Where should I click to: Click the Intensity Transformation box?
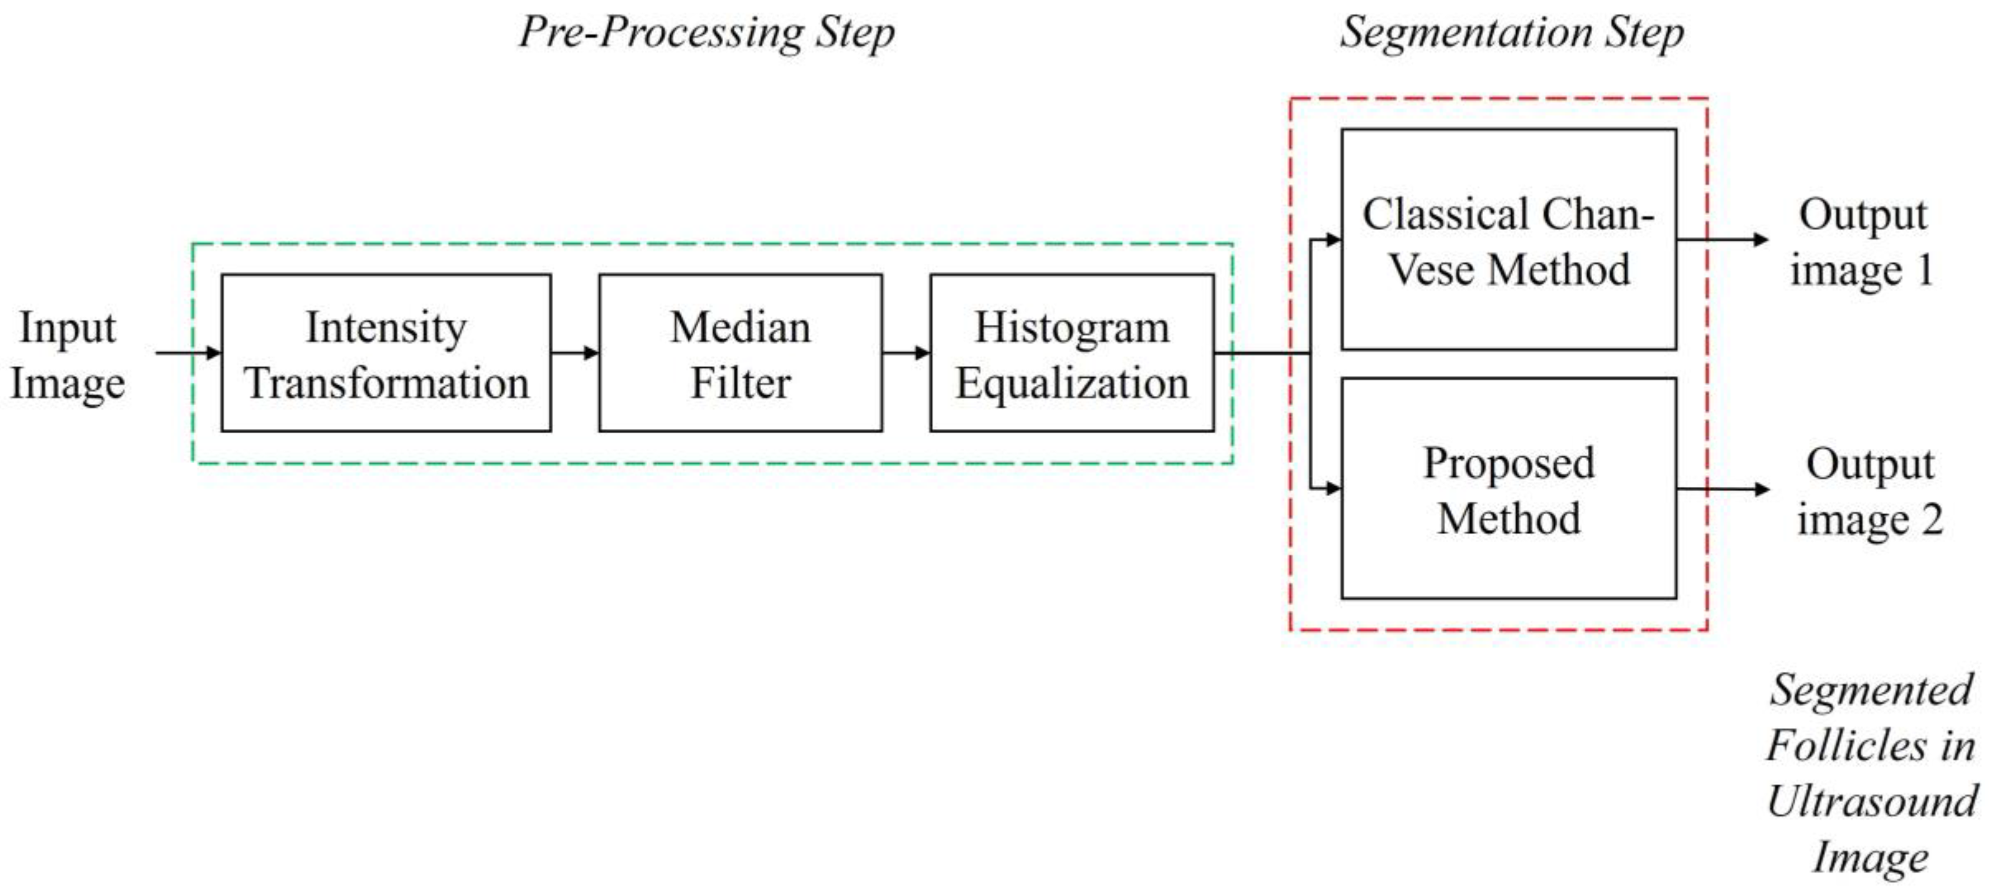[386, 353]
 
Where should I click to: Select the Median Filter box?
[740, 353]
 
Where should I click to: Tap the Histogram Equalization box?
[1072, 353]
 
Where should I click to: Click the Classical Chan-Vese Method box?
[1508, 240]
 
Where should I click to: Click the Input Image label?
[67, 355]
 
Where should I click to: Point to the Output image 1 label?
[1862, 242]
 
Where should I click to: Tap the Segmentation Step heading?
[1511, 33]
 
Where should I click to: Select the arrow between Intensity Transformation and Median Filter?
[575, 353]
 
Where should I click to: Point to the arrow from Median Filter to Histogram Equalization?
[906, 353]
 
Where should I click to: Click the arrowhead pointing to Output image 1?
[1761, 240]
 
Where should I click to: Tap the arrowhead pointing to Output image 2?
[1761, 489]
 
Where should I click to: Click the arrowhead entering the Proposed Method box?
[1332, 488]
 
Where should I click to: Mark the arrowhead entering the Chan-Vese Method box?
[1332, 240]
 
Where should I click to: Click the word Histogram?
[1072, 328]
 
